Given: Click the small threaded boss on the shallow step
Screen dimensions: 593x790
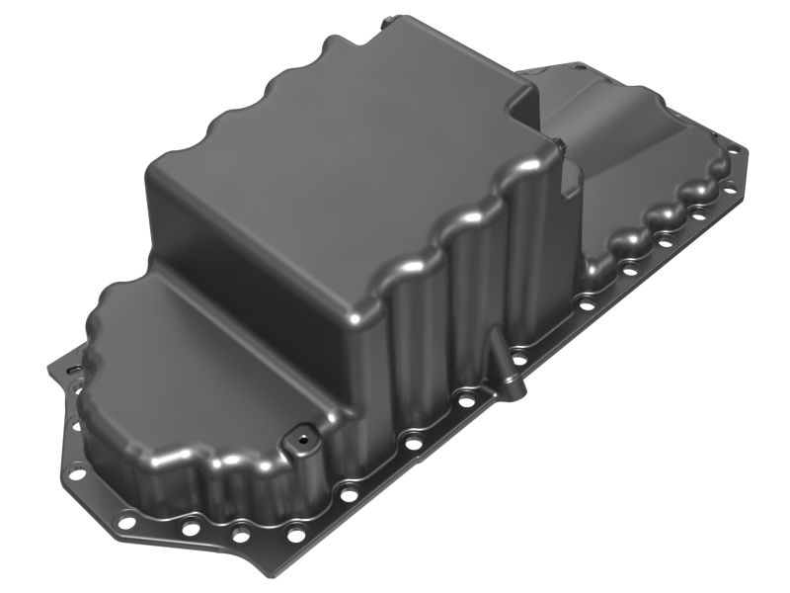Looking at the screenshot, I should coord(295,434).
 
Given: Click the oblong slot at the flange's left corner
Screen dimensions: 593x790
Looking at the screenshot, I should coord(71,367).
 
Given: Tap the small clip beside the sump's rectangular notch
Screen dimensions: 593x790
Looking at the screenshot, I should coord(560,147).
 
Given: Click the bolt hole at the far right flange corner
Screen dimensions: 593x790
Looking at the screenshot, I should coord(736,150).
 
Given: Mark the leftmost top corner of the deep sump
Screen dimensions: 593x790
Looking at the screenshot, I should coord(153,178).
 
